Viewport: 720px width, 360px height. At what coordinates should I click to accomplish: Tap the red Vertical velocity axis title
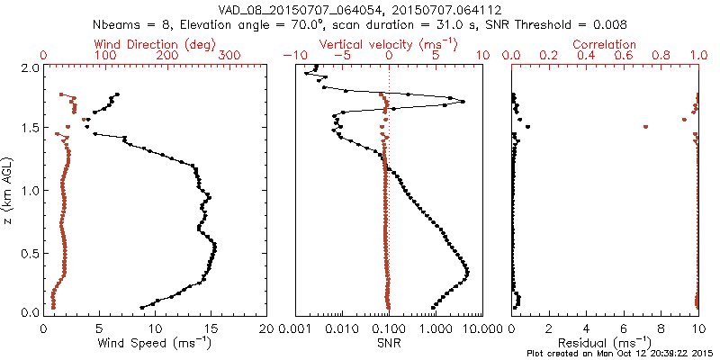[x=388, y=44]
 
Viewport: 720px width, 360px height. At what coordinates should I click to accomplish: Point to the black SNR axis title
[x=388, y=343]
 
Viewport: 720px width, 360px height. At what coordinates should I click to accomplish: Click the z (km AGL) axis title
[x=8, y=190]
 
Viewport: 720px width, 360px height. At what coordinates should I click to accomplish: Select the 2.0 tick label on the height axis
[x=30, y=68]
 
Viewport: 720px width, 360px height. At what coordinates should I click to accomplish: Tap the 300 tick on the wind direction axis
[x=230, y=56]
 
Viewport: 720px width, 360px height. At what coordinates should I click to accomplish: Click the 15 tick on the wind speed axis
[x=211, y=330]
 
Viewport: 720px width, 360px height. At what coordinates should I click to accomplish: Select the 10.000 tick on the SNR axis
[x=466, y=330]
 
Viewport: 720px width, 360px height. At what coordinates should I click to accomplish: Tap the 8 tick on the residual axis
[x=661, y=330]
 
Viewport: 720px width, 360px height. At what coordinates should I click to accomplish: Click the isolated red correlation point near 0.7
[x=645, y=127]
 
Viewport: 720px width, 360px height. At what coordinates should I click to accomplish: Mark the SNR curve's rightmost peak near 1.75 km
[x=463, y=102]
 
